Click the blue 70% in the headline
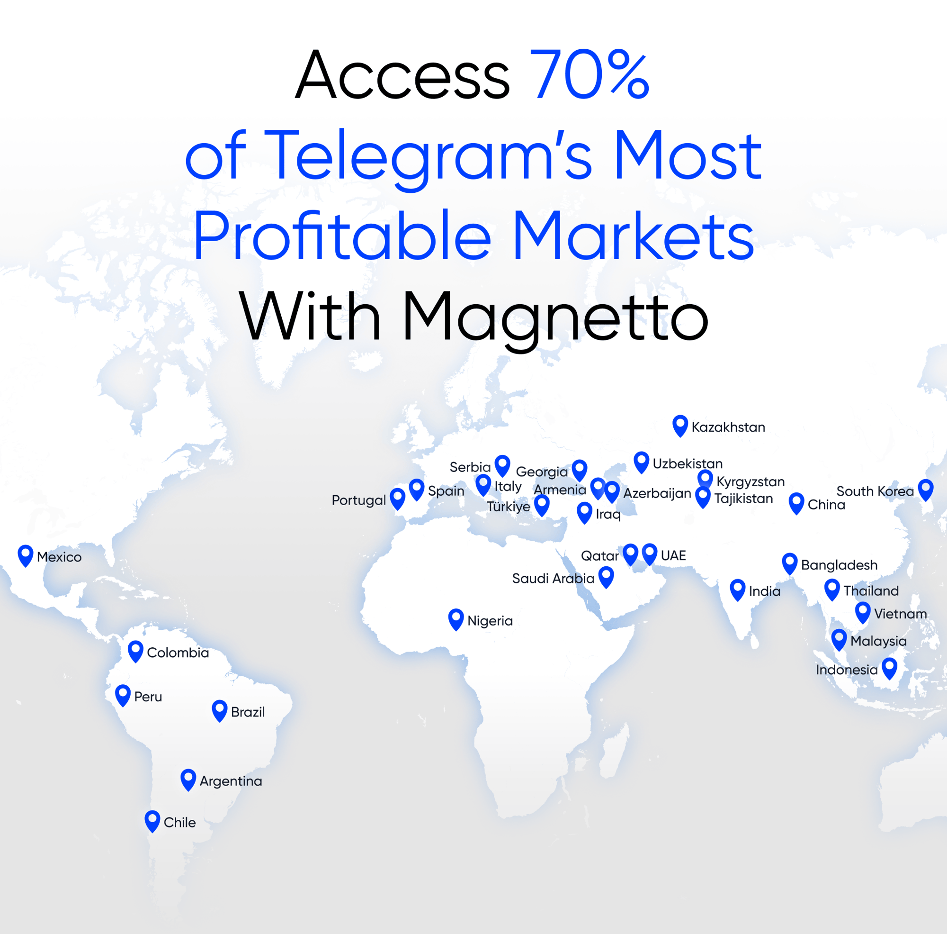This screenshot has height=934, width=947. pyautogui.click(x=590, y=74)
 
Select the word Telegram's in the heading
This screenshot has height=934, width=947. pyautogui.click(x=431, y=156)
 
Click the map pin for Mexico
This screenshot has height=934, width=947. pyautogui.click(x=26, y=555)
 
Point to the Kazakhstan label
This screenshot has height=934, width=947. pyautogui.click(x=728, y=427)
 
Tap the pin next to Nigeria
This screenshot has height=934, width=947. pyautogui.click(x=456, y=619)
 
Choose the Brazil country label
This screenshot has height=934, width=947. pyautogui.click(x=248, y=712)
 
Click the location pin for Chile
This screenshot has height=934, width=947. pyautogui.click(x=152, y=820)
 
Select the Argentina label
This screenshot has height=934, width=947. pyautogui.click(x=231, y=781)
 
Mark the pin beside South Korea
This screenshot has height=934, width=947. pyautogui.click(x=925, y=489)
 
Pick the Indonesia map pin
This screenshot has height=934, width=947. pyautogui.click(x=889, y=668)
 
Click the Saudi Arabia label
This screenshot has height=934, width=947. pyautogui.click(x=553, y=578)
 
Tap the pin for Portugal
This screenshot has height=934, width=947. pyautogui.click(x=398, y=498)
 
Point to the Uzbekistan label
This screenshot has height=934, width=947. pyautogui.click(x=687, y=463)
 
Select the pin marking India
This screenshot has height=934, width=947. pyautogui.click(x=738, y=589)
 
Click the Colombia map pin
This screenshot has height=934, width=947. pyautogui.click(x=136, y=651)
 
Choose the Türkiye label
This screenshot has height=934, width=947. pyautogui.click(x=508, y=506)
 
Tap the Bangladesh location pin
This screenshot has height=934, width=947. pyautogui.click(x=790, y=563)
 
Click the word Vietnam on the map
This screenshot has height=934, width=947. pyautogui.click(x=900, y=614)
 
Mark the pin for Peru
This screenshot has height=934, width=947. pyautogui.click(x=123, y=695)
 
